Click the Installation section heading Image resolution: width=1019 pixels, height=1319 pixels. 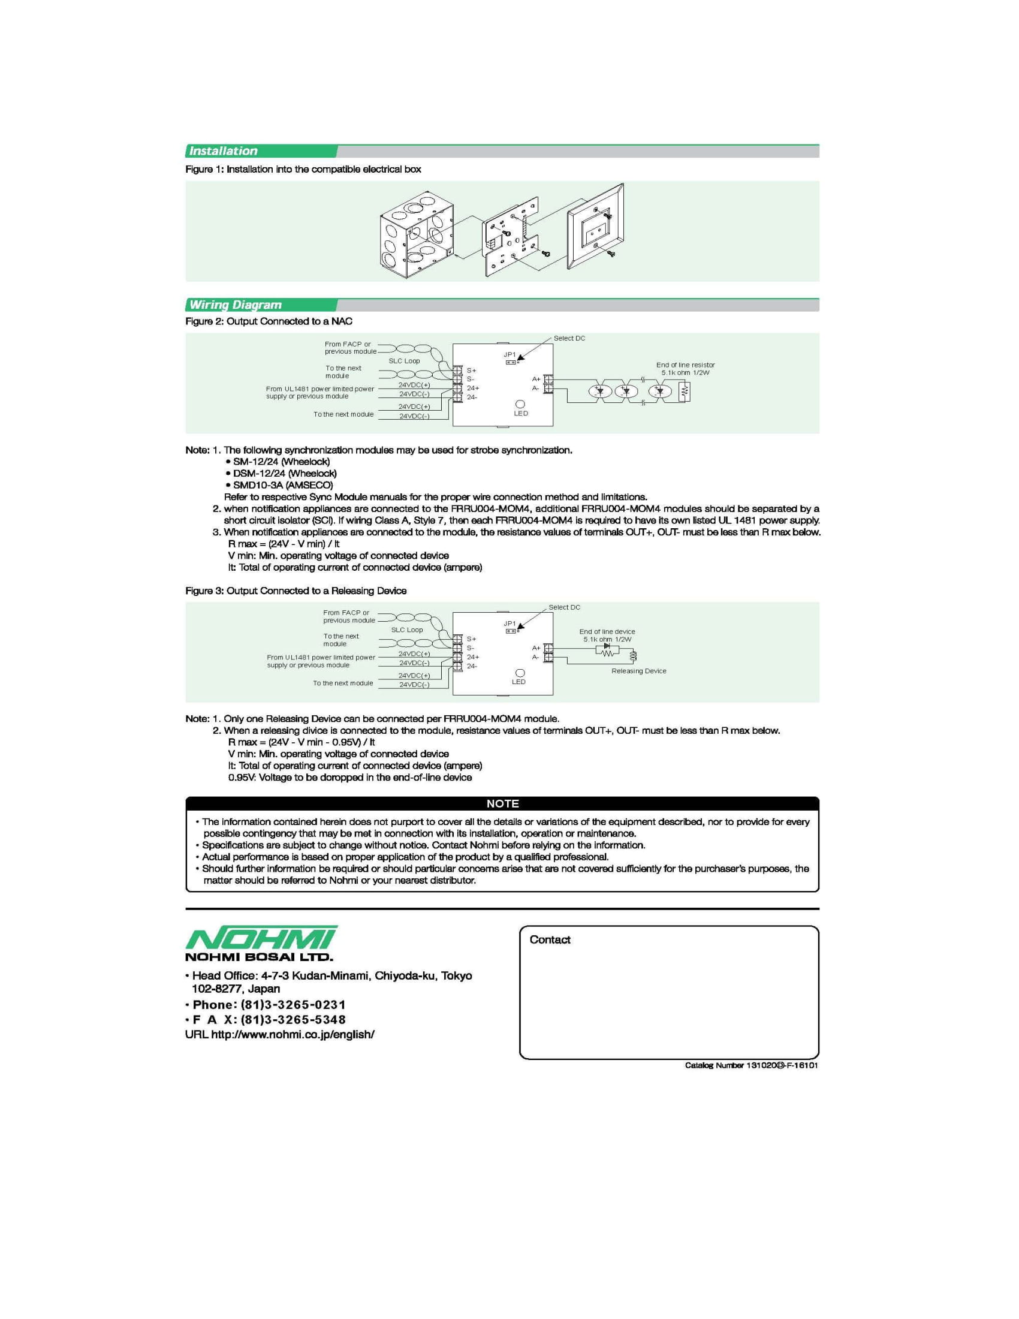point(224,151)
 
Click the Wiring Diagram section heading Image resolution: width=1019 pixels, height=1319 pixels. point(236,305)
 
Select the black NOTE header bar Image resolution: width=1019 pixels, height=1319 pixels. point(502,804)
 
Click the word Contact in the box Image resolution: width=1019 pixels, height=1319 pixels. point(549,939)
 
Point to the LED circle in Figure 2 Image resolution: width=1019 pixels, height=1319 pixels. point(520,403)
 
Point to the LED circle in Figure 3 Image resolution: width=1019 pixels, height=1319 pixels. point(520,673)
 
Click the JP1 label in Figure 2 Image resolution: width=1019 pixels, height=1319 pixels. point(510,354)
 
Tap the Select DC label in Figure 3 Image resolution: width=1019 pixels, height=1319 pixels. point(564,607)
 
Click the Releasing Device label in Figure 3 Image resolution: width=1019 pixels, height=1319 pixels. point(639,671)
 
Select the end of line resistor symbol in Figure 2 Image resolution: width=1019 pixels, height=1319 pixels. point(684,392)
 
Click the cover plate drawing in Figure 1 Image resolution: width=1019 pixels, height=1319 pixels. point(595,227)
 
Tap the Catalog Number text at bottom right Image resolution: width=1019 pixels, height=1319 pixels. point(751,1065)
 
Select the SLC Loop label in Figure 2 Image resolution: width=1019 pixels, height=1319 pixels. point(404,360)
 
